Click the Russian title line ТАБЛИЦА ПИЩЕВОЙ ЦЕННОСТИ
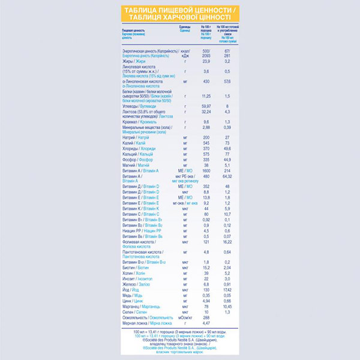point(180,11)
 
